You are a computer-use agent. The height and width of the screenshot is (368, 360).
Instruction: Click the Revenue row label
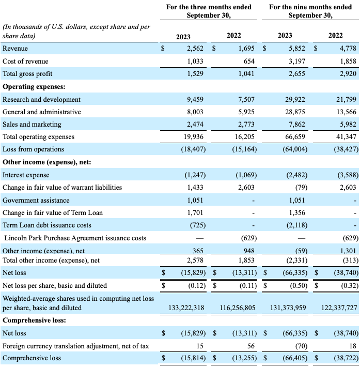[15, 49]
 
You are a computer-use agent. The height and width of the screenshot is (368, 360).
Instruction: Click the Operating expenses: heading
[34, 86]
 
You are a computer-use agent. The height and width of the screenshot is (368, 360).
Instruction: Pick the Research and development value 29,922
[295, 99]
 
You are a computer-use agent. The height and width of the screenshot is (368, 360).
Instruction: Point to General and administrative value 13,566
[345, 112]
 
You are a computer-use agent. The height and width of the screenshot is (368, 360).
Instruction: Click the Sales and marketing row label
[32, 124]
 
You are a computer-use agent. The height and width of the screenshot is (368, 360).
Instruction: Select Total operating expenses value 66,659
[295, 137]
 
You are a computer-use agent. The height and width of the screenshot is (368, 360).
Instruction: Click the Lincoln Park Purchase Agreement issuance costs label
[74, 238]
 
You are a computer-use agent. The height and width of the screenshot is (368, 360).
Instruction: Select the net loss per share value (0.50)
[296, 286]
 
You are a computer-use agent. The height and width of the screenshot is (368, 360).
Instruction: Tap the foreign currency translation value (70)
[298, 345]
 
